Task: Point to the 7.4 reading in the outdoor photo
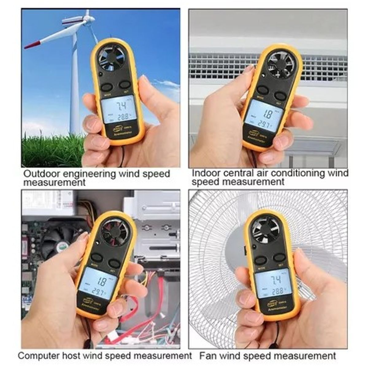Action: click(x=121, y=106)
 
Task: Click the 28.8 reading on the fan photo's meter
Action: click(x=275, y=290)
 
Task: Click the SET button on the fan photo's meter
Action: click(x=279, y=258)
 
